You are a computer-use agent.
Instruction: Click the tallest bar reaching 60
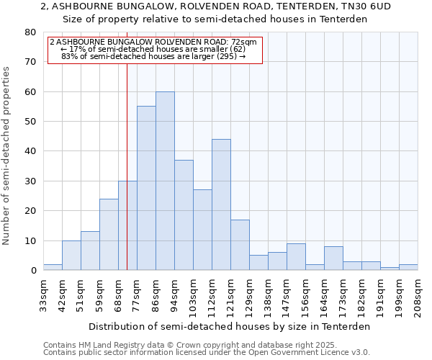[x=165, y=181]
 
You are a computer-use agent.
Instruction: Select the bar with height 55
[x=146, y=188]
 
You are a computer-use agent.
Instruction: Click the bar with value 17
[x=240, y=245]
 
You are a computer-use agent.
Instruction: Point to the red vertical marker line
[x=127, y=166]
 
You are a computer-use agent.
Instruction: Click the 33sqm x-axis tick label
[x=44, y=294]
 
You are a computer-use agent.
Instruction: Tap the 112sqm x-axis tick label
[x=212, y=294]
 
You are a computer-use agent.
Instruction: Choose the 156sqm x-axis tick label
[x=306, y=294]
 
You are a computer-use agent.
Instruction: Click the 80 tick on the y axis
[x=30, y=32]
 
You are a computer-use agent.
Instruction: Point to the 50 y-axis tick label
[x=30, y=122]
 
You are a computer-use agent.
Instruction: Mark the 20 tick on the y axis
[x=30, y=211]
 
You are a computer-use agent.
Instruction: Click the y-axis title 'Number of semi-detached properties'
[x=7, y=155]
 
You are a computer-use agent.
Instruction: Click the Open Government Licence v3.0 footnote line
[x=206, y=352]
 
